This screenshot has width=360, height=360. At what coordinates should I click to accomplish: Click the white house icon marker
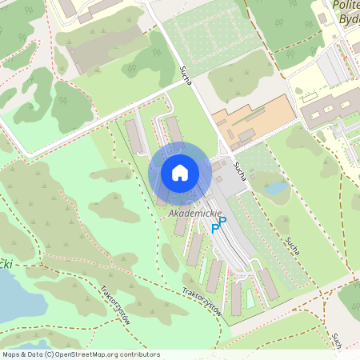click(180, 172)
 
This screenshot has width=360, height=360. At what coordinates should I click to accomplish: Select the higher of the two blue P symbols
click(223, 221)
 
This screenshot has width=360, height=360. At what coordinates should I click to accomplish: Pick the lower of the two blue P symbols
click(215, 229)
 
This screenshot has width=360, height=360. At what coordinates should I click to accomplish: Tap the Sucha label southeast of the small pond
click(292, 246)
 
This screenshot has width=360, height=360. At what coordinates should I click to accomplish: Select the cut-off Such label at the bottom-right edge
click(337, 341)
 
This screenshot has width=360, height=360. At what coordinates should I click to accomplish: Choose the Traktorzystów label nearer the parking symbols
click(201, 302)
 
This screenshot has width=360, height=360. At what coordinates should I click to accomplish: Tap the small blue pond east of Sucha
click(277, 187)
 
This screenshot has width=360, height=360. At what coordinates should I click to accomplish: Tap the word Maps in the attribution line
click(12, 354)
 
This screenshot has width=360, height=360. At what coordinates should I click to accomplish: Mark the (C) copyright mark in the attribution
click(49, 354)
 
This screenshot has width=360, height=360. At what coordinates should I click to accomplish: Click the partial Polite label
click(346, 6)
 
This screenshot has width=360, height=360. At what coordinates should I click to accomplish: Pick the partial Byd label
click(348, 18)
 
